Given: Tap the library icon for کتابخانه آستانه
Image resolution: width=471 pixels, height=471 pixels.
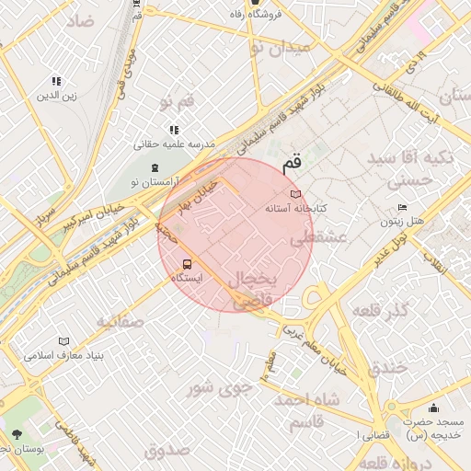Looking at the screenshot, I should coord(295,194).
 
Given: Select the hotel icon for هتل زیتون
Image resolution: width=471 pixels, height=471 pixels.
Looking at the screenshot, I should coord(402,208).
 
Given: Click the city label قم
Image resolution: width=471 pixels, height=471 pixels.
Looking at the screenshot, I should coord(291,164).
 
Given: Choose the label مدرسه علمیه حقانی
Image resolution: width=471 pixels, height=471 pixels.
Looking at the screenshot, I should coord(175,144).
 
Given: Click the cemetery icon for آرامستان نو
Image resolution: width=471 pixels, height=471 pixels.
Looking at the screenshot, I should coord(153,168).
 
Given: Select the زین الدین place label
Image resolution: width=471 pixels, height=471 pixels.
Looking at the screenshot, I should coord(56,95).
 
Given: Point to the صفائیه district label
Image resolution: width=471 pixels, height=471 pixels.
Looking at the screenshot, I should coord(120,322).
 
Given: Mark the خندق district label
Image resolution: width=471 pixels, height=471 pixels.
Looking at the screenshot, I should coord(387,368).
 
